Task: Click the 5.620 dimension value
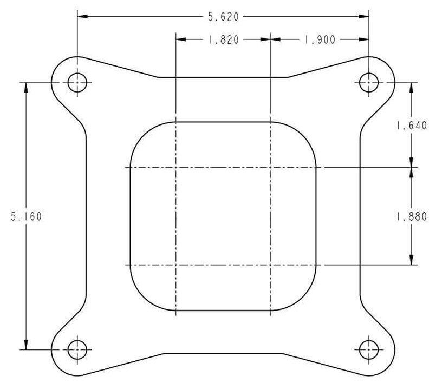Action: point(223,17)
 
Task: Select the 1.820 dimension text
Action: point(223,39)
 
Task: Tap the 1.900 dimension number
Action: point(320,39)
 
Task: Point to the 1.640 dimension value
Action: point(411,126)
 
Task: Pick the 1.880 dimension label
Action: point(411,216)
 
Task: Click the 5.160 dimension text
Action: point(26,216)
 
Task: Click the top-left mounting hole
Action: point(77,82)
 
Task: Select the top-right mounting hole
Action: point(369,82)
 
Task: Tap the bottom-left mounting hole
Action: point(77,349)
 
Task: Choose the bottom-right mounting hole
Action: point(369,349)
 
